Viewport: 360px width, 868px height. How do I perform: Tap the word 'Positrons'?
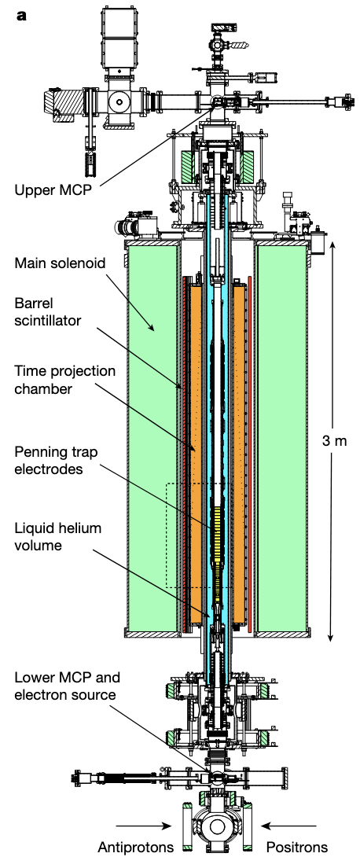click(x=297, y=848)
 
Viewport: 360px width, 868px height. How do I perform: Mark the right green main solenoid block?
click(x=283, y=440)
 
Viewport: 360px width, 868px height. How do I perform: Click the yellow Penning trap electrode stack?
click(x=219, y=535)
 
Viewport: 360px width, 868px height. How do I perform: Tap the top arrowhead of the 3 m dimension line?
click(x=332, y=244)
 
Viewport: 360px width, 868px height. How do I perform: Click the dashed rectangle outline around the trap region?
click(x=167, y=535)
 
